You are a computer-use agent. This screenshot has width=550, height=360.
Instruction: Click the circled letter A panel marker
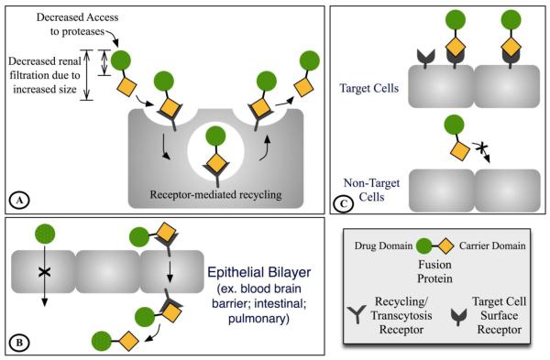coord(19,201)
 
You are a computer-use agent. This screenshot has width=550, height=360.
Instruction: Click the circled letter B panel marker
coord(19,342)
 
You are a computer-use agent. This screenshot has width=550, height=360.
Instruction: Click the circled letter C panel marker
coord(344,203)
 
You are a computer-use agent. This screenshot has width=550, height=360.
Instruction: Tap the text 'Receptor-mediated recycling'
coord(215,194)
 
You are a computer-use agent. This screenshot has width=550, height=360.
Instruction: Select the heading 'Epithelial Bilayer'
coord(258,272)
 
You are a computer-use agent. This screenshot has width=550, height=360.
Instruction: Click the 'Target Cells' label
coord(369,88)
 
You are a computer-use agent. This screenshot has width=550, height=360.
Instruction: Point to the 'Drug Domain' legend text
coord(383,245)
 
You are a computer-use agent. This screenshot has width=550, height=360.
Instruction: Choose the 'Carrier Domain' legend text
coord(492,245)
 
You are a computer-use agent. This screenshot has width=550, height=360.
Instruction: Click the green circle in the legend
coord(424,246)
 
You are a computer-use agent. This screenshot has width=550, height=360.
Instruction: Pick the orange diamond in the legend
coord(446,246)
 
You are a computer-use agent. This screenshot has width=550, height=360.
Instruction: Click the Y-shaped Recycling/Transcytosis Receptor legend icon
coord(357,314)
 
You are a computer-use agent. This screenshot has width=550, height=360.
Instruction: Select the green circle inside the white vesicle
coord(215,136)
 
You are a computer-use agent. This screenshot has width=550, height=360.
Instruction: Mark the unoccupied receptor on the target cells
coord(426,58)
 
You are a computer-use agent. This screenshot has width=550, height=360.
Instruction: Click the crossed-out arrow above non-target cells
coord(482,151)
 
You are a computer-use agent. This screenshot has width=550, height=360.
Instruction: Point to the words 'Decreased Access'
coord(78,17)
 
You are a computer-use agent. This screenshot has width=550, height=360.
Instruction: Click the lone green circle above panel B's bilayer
coord(45,234)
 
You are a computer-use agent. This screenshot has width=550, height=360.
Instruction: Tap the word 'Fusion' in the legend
coord(434,265)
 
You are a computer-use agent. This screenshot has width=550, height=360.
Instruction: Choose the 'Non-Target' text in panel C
coord(371,183)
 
